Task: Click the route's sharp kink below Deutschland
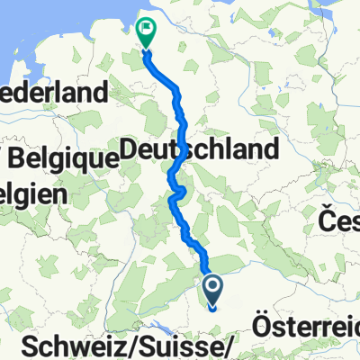coord(183,190)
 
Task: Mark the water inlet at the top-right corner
coord(346,9)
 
